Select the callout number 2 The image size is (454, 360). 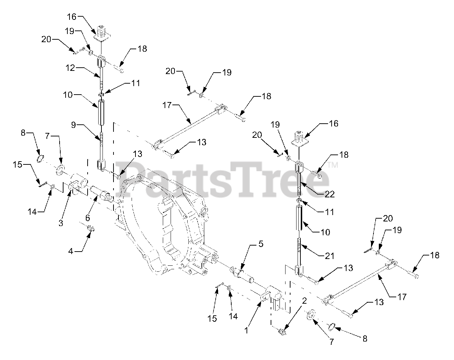(x=304, y=301)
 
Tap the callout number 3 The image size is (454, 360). (x=61, y=223)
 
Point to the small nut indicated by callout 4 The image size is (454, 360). (x=90, y=229)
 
